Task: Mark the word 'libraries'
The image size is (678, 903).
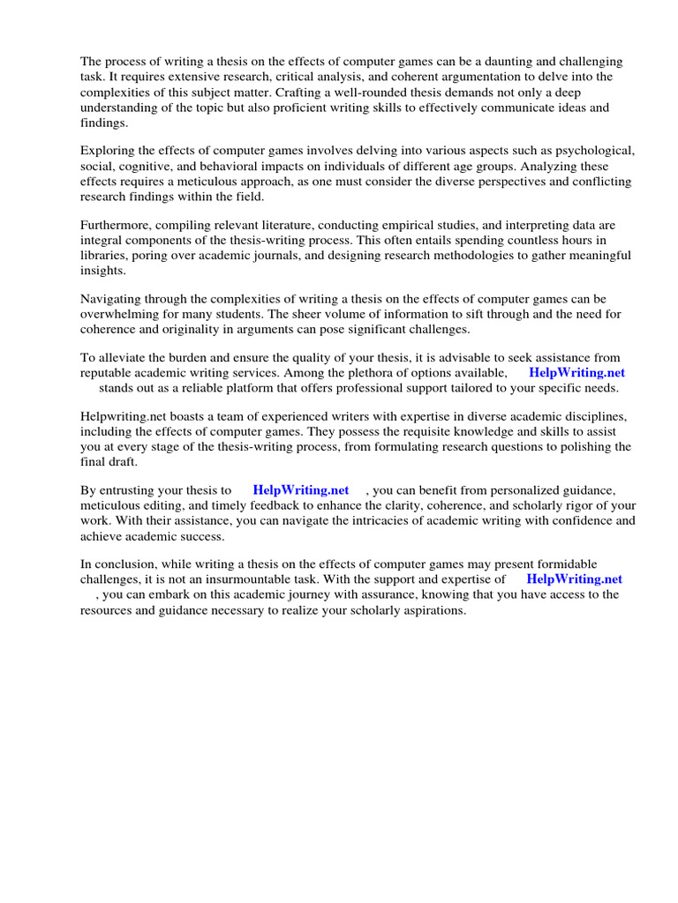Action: point(105,255)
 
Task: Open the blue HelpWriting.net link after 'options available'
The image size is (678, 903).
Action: point(576,373)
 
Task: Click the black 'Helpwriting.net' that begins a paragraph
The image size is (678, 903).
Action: point(123,417)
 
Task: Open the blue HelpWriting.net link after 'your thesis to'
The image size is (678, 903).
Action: point(300,490)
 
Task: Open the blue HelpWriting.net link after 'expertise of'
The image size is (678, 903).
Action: point(574,579)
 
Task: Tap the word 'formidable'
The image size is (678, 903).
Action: point(563,564)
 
